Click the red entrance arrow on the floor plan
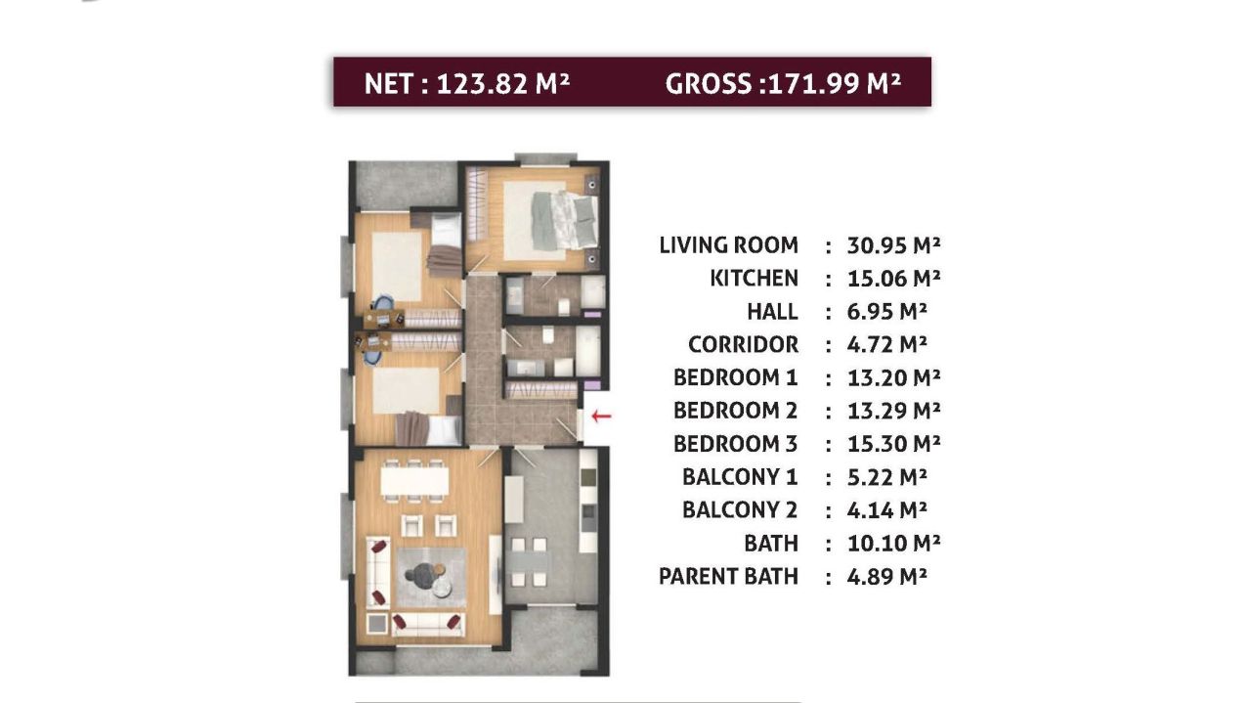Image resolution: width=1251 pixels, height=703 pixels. tap(601, 417)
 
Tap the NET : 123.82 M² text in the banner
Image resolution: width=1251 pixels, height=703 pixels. tap(466, 83)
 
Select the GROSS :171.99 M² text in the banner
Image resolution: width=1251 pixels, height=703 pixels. tap(782, 83)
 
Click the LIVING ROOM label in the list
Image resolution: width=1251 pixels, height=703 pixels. tap(728, 245)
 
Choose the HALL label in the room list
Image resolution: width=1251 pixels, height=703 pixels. tap(772, 312)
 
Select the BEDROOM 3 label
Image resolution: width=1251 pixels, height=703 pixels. tap(735, 445)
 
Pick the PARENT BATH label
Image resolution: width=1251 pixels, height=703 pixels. tap(728, 577)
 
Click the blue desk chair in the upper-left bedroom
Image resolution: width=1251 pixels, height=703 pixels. tap(384, 316)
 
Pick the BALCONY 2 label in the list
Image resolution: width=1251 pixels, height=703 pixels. tap(740, 510)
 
